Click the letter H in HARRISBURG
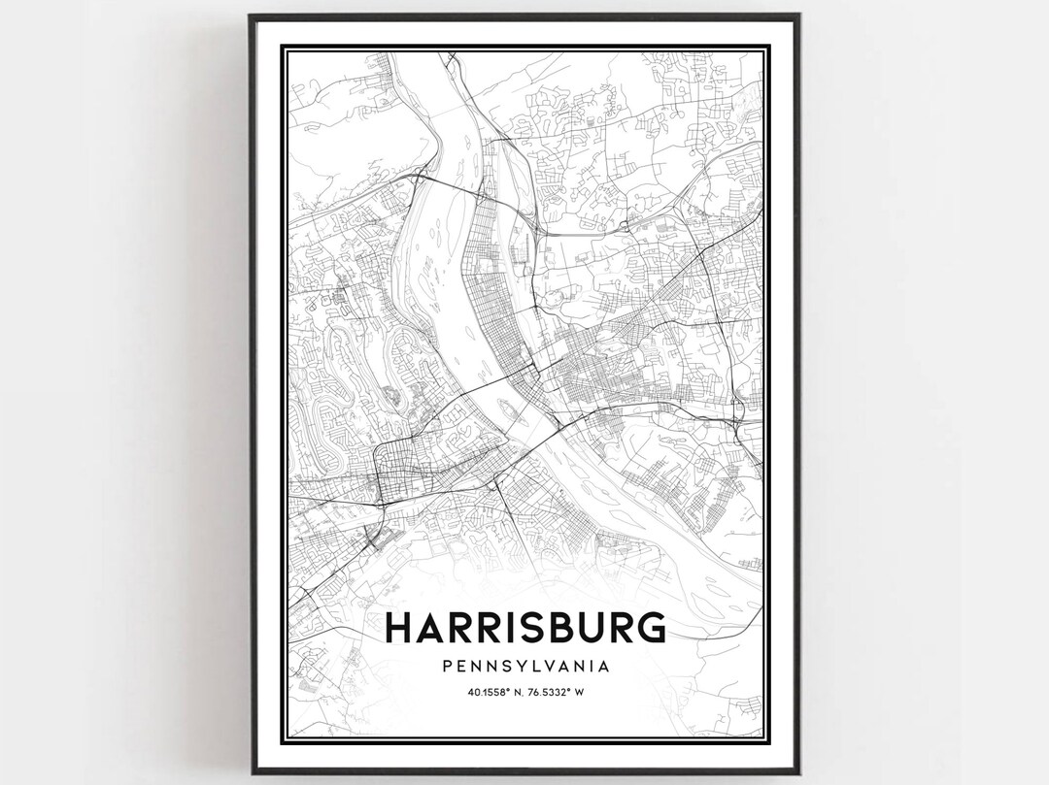[x=400, y=627]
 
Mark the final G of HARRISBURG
[x=650, y=627]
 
